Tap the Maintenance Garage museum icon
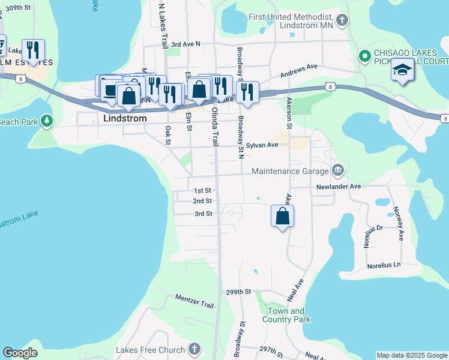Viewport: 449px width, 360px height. point(338,171)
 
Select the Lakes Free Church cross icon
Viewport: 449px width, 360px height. point(194,349)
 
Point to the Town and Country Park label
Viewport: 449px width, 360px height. point(286,315)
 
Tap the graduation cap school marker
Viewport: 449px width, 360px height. point(402,70)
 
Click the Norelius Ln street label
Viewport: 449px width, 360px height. point(384,265)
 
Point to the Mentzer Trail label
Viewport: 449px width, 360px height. point(194,301)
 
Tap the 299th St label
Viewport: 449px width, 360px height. point(238,292)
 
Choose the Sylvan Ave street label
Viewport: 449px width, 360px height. point(262,145)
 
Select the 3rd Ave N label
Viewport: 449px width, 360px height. point(185,44)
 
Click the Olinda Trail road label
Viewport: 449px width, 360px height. point(213,128)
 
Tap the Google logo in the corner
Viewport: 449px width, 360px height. point(20,353)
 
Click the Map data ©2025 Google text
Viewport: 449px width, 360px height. point(412,355)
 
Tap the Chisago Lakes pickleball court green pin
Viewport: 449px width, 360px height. point(364,56)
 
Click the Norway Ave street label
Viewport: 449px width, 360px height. point(397,223)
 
